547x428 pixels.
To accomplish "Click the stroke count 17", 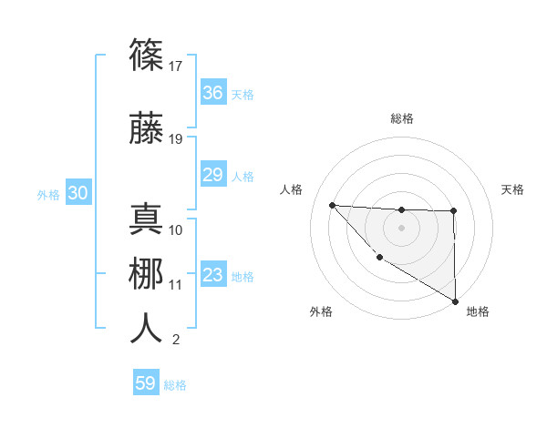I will coord(176,66).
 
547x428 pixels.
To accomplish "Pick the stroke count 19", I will coord(176,138).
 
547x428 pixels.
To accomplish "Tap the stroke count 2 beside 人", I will coord(175,341).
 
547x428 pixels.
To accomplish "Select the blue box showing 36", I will coord(212,93).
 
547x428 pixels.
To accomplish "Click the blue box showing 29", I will coord(212,175).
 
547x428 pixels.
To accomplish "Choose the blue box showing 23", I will coord(212,275).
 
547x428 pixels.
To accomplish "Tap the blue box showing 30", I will coord(78,193).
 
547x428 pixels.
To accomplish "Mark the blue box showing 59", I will coord(145,383).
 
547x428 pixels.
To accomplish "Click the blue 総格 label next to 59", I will coord(175,385).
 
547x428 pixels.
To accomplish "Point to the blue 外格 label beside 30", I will coord(48,195).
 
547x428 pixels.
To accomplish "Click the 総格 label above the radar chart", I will coord(401,118).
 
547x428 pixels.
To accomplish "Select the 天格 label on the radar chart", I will coord(512,189).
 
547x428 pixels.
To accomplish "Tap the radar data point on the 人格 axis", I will coord(332,205).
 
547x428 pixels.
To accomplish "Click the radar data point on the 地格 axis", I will coord(455,301).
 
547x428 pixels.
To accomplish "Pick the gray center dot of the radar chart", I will coord(401,227).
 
